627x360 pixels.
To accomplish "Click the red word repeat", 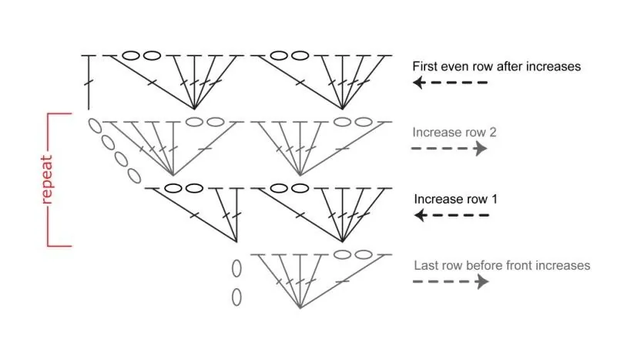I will (x=47, y=180).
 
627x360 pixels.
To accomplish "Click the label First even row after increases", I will (x=496, y=66).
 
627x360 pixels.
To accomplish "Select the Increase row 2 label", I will (x=454, y=132).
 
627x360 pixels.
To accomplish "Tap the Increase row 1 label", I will (x=456, y=199).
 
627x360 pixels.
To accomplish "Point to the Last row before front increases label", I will (x=501, y=265).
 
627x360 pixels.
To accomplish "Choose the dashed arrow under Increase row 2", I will (x=450, y=149).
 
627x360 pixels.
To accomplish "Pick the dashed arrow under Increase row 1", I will (x=451, y=216).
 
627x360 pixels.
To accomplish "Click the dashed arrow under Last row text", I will (x=451, y=282).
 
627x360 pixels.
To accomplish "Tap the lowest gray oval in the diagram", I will (x=236, y=296).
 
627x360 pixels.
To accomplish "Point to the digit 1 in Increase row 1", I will (x=495, y=199).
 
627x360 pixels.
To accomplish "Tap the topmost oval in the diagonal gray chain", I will (x=96, y=126).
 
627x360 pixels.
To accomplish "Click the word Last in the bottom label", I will (x=425, y=265).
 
